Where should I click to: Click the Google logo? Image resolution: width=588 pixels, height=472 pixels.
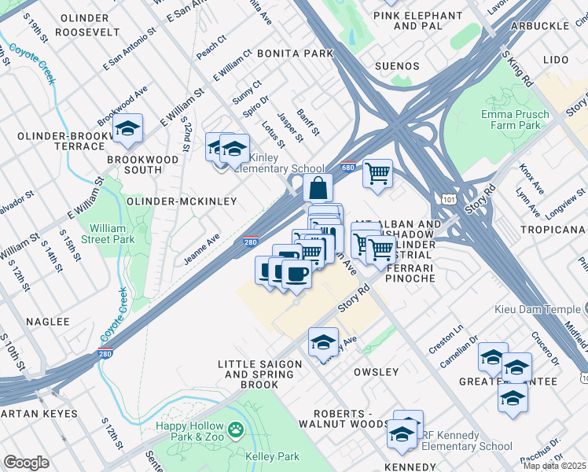point(26,463)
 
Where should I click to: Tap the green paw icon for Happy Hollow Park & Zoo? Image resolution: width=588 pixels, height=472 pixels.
point(235,430)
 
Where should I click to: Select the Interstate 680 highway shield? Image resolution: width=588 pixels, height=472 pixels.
point(348,168)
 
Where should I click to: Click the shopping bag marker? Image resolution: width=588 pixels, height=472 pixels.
point(318,189)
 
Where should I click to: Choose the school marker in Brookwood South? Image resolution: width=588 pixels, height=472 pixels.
point(127,130)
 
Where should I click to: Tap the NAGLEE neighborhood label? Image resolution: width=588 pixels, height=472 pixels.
point(47,322)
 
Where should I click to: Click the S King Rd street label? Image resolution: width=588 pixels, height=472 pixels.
point(517,70)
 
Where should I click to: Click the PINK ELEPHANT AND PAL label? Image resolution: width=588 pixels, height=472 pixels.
point(417,20)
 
